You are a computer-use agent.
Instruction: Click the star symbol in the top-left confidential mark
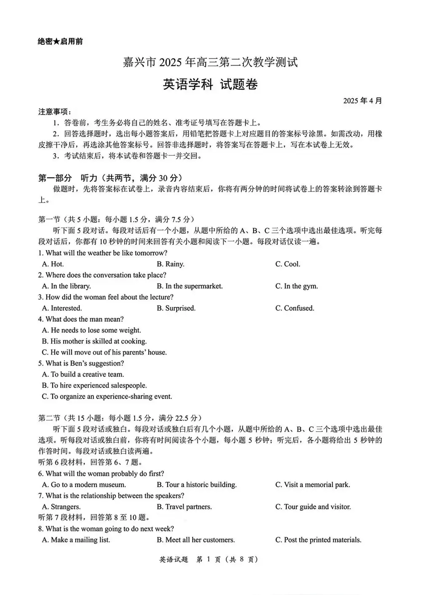pos(56,41)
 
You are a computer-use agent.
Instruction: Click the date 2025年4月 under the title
pos(362,101)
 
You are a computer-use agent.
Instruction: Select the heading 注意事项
pos(55,112)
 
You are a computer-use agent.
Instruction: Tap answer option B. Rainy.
pos(171,264)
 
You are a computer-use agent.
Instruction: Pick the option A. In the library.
pos(66,286)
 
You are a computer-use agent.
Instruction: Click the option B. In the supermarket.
pos(189,286)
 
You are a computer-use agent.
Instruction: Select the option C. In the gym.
pos(296,286)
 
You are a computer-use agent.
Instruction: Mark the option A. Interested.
pos(62,308)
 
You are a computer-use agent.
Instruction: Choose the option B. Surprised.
pos(176,308)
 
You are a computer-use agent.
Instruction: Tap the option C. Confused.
pos(295,308)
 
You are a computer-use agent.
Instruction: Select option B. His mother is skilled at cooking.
pos(94,341)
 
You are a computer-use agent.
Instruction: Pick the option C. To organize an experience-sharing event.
pos(107,396)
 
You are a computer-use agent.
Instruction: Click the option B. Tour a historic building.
pos(197,484)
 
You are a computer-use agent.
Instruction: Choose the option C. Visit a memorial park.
pos(312,484)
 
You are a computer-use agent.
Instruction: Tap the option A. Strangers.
pos(61,507)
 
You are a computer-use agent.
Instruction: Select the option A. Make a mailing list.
pos(76,539)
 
